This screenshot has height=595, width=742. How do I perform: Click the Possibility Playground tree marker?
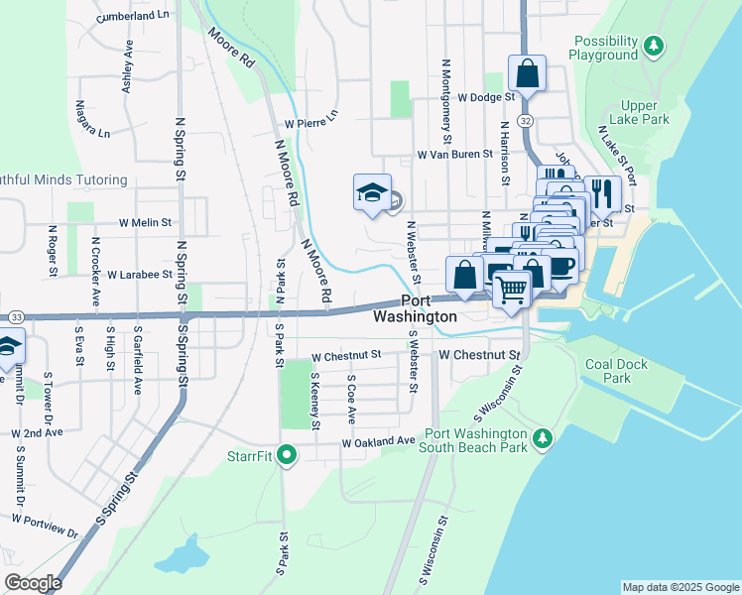(x=653, y=45)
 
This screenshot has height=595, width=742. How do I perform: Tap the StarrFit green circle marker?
(x=288, y=455)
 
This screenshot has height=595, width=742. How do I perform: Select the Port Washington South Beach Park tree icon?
(x=542, y=437)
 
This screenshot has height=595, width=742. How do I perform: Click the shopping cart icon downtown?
(x=512, y=290)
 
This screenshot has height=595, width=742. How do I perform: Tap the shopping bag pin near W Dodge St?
(x=527, y=73)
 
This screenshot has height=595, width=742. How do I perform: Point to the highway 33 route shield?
(x=15, y=316)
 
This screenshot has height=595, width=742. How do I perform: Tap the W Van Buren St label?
(x=454, y=155)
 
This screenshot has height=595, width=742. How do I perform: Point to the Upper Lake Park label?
(x=645, y=112)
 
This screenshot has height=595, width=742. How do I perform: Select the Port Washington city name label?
(x=416, y=308)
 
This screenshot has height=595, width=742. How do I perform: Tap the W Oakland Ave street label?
(x=378, y=441)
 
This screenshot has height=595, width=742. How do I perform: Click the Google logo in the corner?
(x=33, y=583)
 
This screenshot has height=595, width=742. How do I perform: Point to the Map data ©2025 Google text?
(x=680, y=587)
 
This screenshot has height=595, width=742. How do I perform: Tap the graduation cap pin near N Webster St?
(x=371, y=192)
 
